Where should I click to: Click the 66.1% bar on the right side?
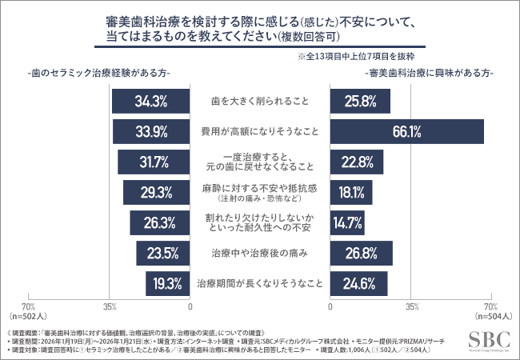coord(406,132)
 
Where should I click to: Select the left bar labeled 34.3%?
coord(151,102)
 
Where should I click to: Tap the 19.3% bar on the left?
coord(168,283)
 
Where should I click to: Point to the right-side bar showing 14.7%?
coord(347,223)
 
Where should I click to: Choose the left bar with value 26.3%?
coord(160,223)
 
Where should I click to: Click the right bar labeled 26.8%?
coord(361,254)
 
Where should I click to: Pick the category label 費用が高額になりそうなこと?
coord(260,132)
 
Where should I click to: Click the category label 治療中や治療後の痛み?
coord(260,254)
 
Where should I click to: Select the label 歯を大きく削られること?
coord(260,102)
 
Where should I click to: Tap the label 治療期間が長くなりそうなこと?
coord(260,283)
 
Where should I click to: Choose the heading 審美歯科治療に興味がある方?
coord(430,73)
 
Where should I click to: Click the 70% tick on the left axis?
coord(28,306)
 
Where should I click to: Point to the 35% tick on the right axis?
coord(411,306)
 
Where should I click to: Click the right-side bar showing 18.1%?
coord(350,193)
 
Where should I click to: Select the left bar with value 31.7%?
coord(154,162)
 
